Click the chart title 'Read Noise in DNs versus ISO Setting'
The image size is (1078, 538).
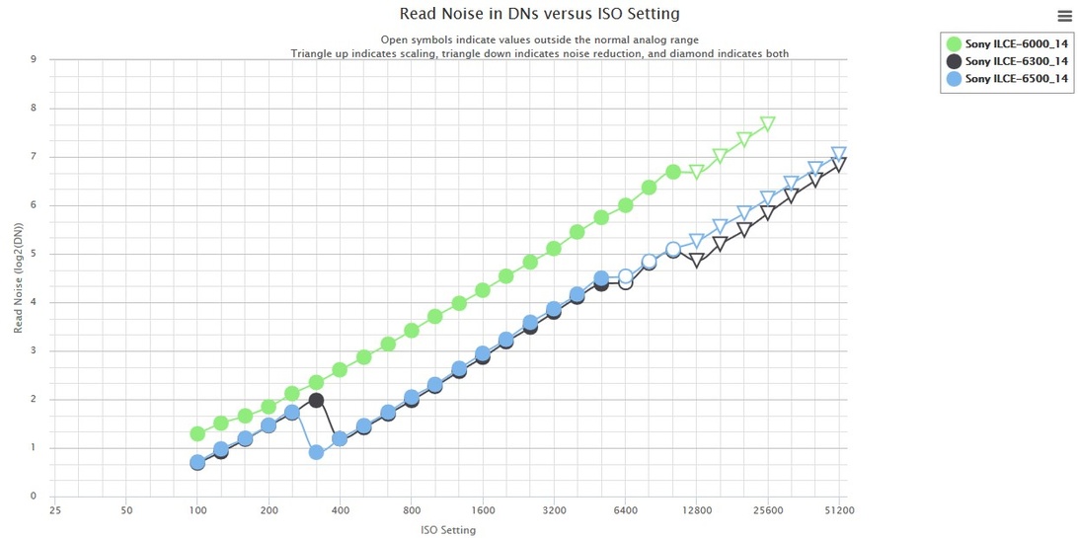pos(539,14)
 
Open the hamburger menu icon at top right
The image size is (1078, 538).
pos(1064,13)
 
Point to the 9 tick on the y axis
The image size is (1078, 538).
pos(34,59)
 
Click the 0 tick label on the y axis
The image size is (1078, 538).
pos(34,497)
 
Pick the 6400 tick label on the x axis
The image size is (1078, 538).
pos(625,511)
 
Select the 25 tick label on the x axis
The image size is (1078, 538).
pos(55,511)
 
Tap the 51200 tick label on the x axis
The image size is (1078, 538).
pos(839,511)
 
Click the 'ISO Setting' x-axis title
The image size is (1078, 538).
pos(448,530)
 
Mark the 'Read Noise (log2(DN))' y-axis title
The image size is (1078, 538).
pos(19,277)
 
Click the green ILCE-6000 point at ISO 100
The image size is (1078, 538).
pos(197,433)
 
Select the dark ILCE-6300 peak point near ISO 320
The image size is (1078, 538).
pos(316,400)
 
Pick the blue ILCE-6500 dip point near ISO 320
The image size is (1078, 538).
pos(316,452)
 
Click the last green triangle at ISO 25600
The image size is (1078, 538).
pos(768,123)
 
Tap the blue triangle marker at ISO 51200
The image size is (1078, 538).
pos(839,154)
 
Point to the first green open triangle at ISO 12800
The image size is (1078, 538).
pos(697,172)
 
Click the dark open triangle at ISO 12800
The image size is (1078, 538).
pos(697,261)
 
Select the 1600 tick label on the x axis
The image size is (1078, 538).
pos(483,511)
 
